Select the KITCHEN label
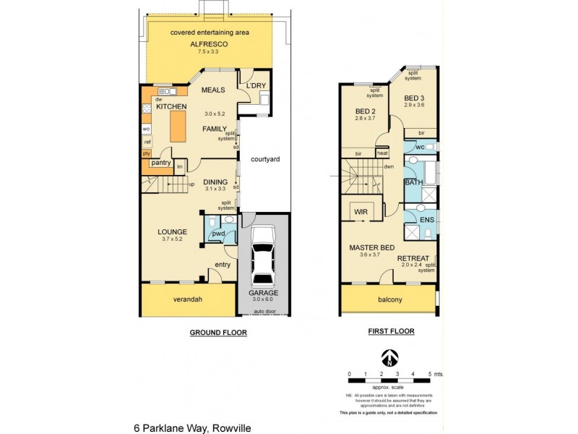pos(171,107)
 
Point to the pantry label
pos(160,163)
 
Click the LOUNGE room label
pos(172,232)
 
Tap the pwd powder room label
pos(217,234)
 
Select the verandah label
pos(187,299)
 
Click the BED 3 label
pos(413,98)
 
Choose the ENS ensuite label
pos(426,218)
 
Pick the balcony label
pos(389,299)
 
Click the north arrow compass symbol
pos(389,358)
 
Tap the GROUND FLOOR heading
pos(218,333)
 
